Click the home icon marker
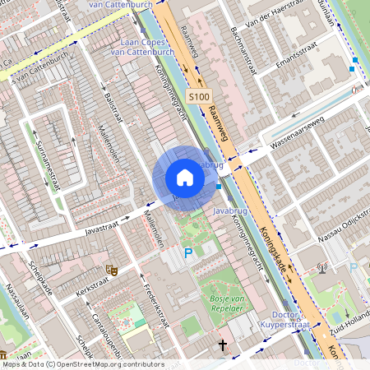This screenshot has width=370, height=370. click(x=185, y=178)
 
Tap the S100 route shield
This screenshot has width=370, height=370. click(x=198, y=97)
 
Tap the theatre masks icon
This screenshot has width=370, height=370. click(x=110, y=269)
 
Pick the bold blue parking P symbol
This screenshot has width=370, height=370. click(x=187, y=254)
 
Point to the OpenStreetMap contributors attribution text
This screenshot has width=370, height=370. click(x=82, y=364)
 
